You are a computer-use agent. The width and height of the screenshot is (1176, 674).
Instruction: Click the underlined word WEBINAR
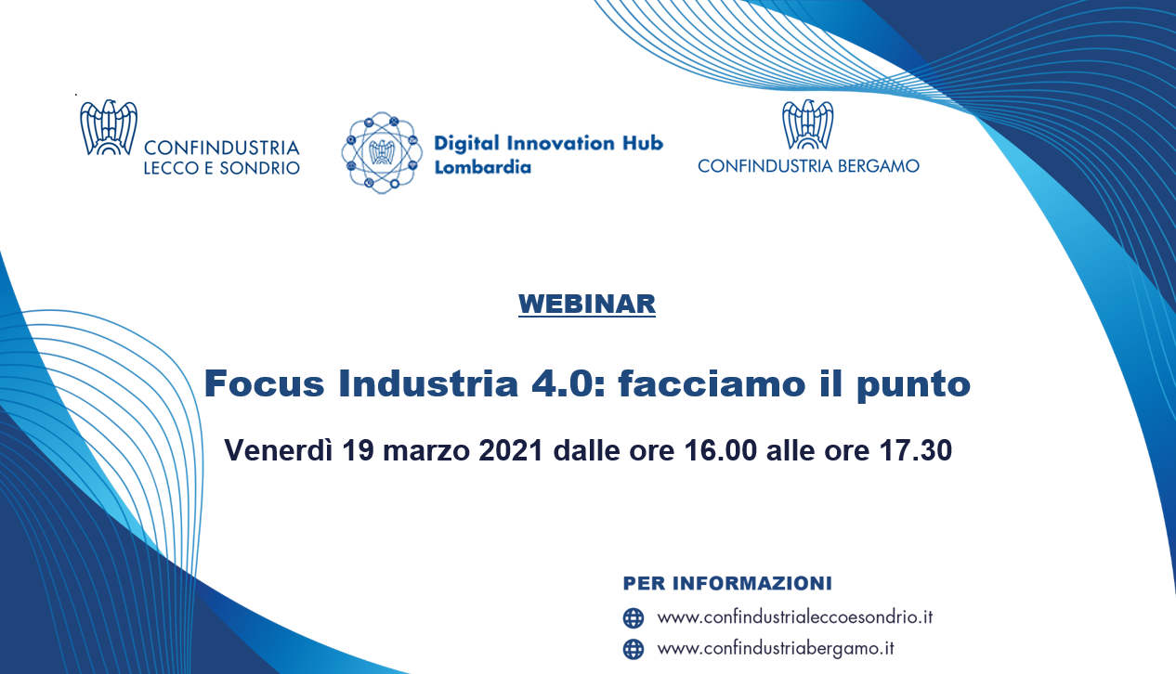(x=587, y=305)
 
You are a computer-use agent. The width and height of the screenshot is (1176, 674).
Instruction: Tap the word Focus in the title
(x=265, y=383)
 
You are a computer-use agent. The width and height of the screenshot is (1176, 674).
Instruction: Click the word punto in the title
(x=913, y=385)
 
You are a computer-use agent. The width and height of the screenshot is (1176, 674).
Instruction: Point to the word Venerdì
(x=279, y=450)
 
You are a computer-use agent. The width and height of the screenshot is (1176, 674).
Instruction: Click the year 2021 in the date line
(x=511, y=450)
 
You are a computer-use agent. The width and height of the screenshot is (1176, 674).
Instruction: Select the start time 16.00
(x=720, y=450)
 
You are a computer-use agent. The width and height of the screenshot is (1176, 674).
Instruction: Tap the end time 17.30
(x=916, y=450)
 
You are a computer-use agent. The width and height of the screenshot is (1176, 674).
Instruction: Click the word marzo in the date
(x=425, y=451)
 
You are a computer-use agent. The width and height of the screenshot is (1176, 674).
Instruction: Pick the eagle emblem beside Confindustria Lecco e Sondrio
(x=109, y=127)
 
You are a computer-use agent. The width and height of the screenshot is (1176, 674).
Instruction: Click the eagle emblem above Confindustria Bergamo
(x=807, y=124)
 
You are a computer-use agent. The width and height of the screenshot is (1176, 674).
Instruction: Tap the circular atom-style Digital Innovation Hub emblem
(x=382, y=152)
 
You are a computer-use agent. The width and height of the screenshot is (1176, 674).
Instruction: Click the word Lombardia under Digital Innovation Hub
(x=482, y=167)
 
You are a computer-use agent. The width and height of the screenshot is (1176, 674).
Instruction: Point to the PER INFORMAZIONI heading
(x=727, y=583)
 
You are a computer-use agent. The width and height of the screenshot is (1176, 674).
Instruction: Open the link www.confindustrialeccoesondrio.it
(x=795, y=617)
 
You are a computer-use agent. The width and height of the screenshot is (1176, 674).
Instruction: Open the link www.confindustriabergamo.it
(x=776, y=649)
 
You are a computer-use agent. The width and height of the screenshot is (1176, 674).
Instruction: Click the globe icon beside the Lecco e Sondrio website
(x=634, y=618)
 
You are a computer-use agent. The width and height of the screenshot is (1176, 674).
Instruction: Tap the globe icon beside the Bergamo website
(x=634, y=649)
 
